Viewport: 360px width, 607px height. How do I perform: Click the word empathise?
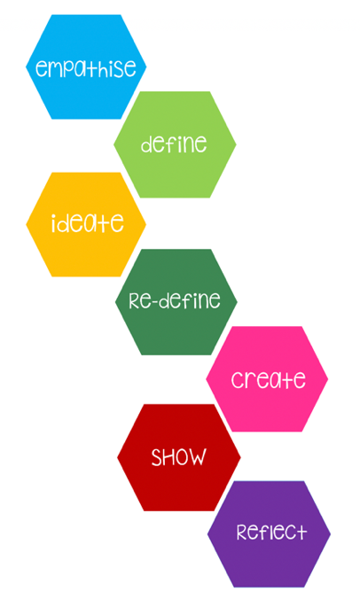point(86,67)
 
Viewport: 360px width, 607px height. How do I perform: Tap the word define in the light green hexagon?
point(174,144)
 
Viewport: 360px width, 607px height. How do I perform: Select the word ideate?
point(88,223)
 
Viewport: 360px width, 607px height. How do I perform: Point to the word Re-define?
point(175,300)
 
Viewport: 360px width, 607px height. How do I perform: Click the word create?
point(268,379)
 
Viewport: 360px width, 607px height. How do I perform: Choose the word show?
point(178,456)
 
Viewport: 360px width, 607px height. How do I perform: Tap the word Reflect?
point(271,532)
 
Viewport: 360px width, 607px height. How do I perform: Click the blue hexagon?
point(86,66)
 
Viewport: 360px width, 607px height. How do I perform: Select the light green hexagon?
point(175,144)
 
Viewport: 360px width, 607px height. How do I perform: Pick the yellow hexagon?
point(86,224)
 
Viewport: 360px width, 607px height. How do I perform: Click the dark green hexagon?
point(176,302)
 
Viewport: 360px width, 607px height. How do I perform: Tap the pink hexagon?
point(267,379)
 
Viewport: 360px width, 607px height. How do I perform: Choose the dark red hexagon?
point(178,457)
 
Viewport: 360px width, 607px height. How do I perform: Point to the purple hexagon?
point(269,533)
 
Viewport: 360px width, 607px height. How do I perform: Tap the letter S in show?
point(158,457)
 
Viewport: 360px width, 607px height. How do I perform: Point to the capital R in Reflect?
point(243,532)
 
